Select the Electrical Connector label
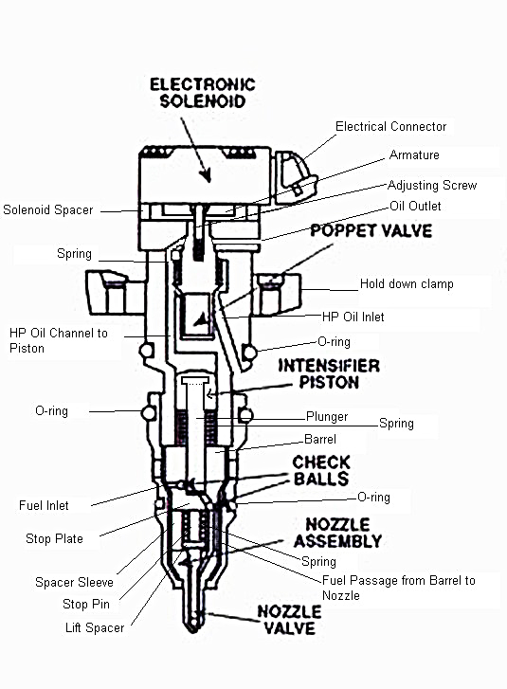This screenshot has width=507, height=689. pos(390,126)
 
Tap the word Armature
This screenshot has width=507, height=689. pos(414,154)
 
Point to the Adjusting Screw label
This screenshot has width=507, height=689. pos(431,185)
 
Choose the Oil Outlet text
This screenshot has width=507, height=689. pos(414,206)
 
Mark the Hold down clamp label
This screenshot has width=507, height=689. pos(406,283)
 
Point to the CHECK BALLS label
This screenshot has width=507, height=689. pos(320,470)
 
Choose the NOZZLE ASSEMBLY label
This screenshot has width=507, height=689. pos(337,533)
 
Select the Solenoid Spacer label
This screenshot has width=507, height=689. pos(47,209)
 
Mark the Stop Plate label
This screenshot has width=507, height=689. pos(54,538)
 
